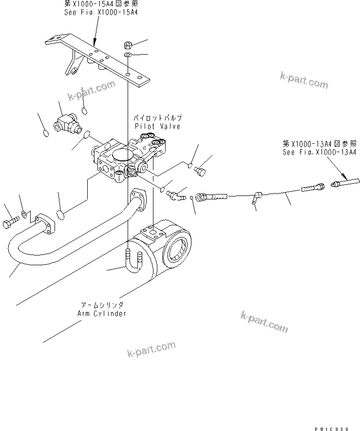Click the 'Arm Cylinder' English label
[x=102, y=313]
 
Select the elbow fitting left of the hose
[x=174, y=195]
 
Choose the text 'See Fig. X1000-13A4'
[x=320, y=152]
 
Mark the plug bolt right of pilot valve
[x=199, y=170]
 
